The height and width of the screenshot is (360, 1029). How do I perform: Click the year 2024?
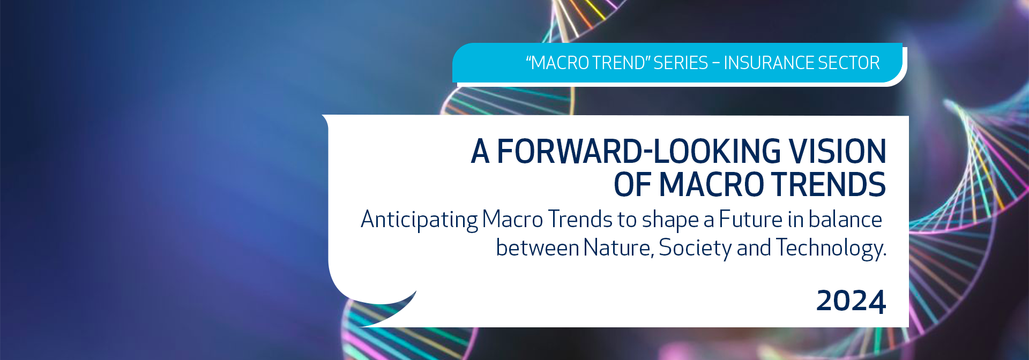[851, 301]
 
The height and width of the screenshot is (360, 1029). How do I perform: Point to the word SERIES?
[681, 63]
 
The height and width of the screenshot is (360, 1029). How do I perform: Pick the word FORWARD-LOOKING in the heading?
[639, 151]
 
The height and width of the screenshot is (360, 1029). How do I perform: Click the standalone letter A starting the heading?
[480, 151]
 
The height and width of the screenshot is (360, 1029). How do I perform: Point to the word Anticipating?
[419, 220]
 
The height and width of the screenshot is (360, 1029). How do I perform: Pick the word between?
[538, 248]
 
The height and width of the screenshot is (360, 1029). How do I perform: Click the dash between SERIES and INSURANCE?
[716, 64]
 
